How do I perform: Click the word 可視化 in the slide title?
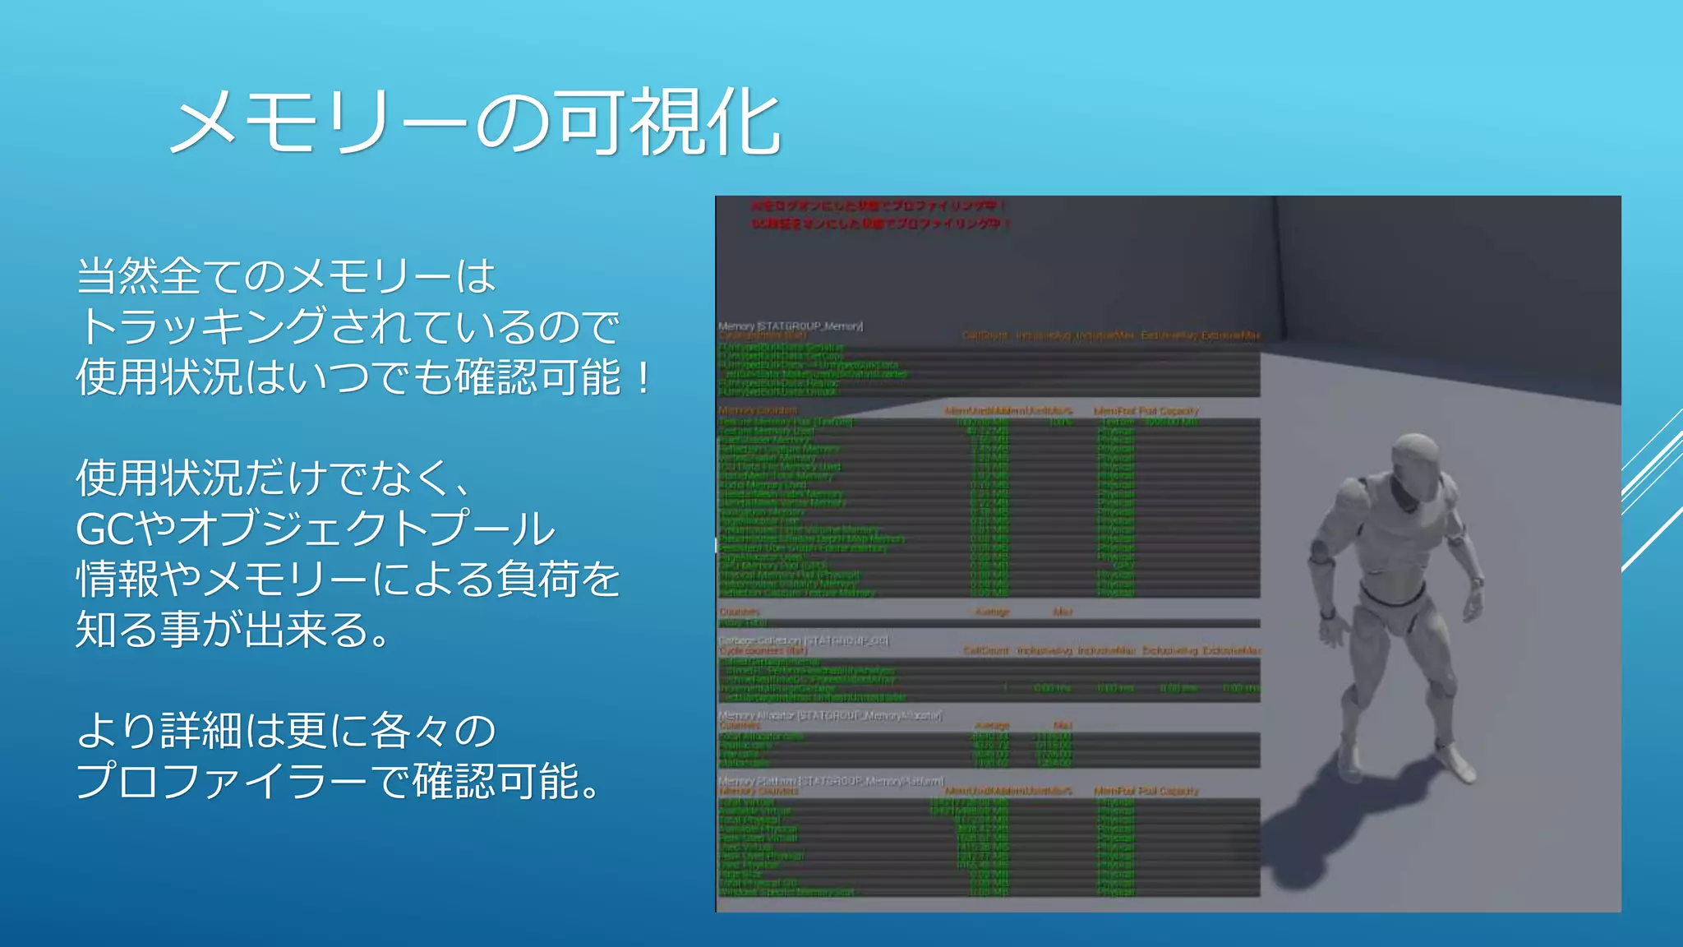click(666, 123)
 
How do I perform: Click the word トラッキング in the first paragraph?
click(202, 326)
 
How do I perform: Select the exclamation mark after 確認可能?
click(643, 377)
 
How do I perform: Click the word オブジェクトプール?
click(366, 529)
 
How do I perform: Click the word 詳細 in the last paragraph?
click(201, 731)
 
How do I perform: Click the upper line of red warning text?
click(878, 206)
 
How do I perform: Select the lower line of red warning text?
click(880, 224)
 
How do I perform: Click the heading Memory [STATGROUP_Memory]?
click(790, 326)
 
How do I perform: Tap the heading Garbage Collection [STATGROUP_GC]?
click(803, 640)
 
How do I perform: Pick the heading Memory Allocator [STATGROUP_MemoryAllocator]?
click(830, 715)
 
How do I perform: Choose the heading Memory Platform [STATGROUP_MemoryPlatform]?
click(831, 780)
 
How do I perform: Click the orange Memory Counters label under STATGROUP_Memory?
click(758, 410)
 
